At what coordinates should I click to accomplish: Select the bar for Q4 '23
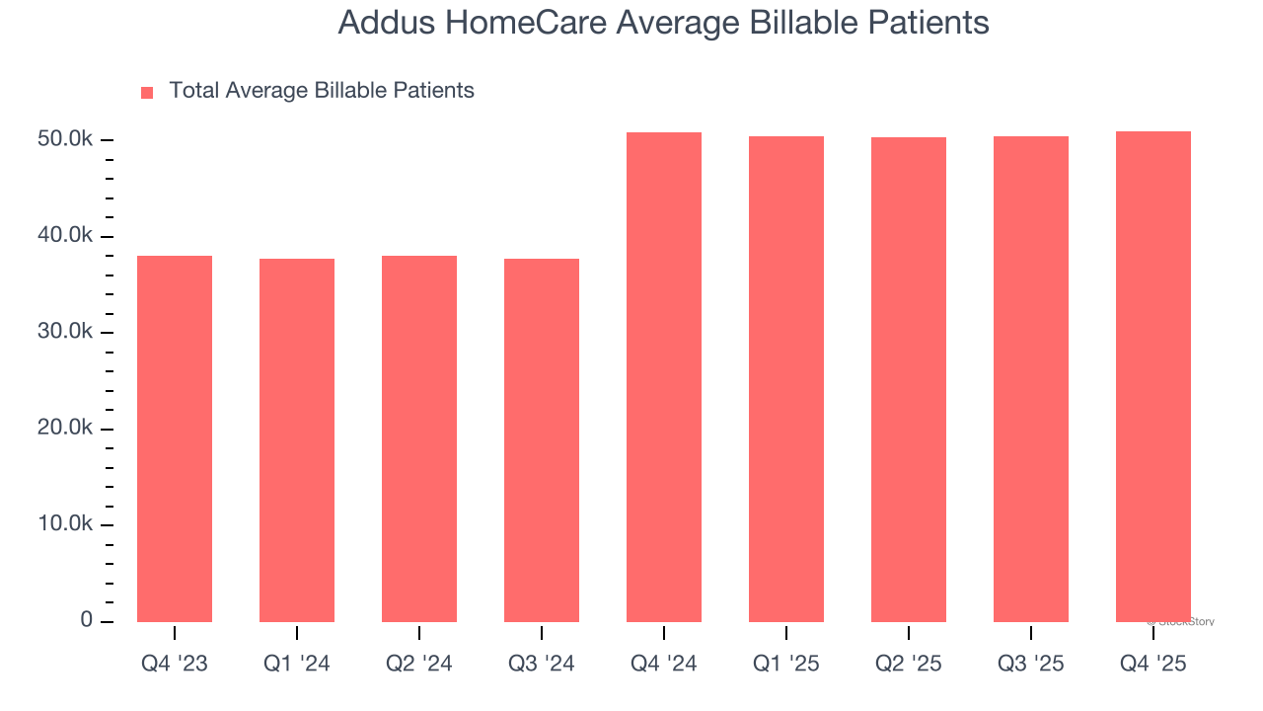tap(175, 438)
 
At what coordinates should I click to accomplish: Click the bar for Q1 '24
tap(297, 440)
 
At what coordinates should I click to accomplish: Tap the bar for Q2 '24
tap(419, 438)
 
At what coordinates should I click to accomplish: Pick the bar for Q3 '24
tap(542, 440)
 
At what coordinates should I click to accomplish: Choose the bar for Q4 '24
tap(664, 377)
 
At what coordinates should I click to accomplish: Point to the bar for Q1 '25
tap(786, 379)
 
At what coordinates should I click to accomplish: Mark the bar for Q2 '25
tap(909, 379)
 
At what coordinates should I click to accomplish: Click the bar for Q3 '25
tap(1031, 379)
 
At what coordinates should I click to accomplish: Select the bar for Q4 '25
tap(1153, 376)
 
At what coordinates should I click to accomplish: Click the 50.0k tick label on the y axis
tap(65, 140)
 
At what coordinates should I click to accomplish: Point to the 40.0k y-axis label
tap(65, 236)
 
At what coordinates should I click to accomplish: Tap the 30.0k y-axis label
tap(65, 332)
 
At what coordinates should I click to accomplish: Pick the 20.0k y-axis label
tap(65, 429)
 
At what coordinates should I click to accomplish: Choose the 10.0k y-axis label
tap(65, 524)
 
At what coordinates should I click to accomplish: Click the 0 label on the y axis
tap(87, 620)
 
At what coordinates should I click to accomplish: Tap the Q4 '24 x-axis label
tap(664, 664)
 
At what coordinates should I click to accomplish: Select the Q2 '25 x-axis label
tap(909, 664)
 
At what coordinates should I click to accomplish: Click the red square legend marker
tap(147, 92)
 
